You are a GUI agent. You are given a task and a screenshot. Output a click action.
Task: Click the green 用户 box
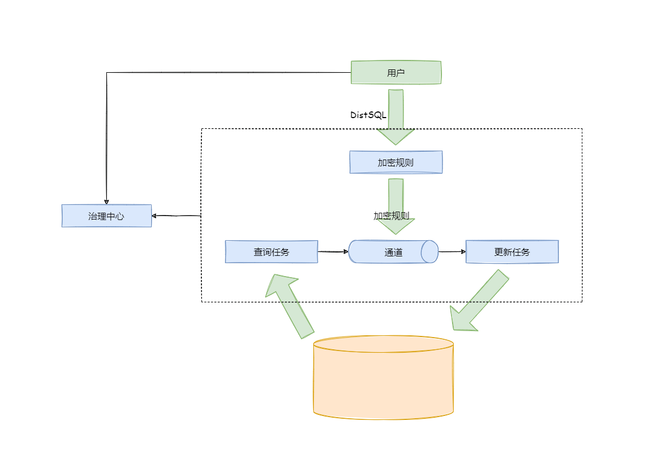[x=396, y=73]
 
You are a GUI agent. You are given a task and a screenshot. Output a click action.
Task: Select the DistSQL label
[x=368, y=115]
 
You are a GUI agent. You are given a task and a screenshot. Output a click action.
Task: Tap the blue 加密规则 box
[x=396, y=162]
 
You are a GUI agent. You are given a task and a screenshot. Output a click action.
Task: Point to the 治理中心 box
[x=106, y=216]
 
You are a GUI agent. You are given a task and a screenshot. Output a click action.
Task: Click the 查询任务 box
[x=271, y=252]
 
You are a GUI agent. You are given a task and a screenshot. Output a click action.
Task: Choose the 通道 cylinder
[x=393, y=252]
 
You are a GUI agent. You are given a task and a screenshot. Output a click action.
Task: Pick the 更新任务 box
[x=512, y=252]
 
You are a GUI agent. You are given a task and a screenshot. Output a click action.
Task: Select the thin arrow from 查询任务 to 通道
[x=333, y=252]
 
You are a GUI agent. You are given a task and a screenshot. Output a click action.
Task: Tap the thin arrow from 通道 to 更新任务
[x=452, y=252]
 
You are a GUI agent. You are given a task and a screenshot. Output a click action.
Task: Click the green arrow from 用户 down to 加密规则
[x=396, y=118]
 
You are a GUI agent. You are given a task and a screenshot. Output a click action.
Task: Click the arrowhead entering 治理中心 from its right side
[x=155, y=216]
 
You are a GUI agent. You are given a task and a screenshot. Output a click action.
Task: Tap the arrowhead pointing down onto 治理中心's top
[x=106, y=201]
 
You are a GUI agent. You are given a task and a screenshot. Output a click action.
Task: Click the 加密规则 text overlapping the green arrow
[x=391, y=216]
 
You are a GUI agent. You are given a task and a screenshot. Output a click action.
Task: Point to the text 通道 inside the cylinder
[x=393, y=252]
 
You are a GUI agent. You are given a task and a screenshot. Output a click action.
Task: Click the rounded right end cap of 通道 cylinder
[x=430, y=252]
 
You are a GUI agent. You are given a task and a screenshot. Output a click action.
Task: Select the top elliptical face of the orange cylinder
[x=383, y=344]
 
